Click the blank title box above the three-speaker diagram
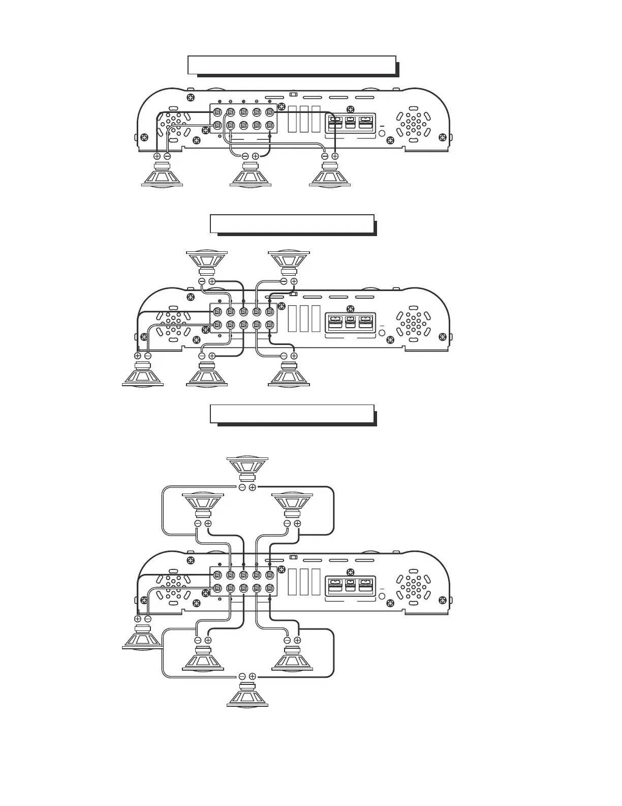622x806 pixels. (292, 65)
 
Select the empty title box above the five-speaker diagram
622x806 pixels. (292, 223)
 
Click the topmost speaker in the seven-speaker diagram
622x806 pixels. (247, 468)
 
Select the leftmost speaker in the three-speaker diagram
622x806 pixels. (162, 175)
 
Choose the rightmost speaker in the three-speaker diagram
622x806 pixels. (330, 175)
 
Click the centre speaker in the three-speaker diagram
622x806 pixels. (251, 175)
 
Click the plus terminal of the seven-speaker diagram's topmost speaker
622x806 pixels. (253, 487)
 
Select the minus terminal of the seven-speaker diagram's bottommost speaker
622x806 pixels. (242, 676)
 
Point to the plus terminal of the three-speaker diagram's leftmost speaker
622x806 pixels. (157, 156)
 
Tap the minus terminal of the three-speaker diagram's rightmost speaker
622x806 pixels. (325, 156)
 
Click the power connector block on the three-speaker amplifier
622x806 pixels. (350, 124)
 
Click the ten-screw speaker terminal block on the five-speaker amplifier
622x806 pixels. (243, 319)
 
